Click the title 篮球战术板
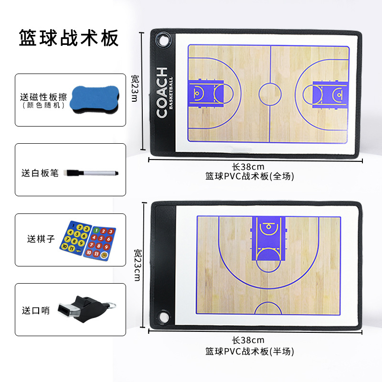[68, 38]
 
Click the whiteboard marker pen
[93, 172]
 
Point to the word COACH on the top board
[162, 93]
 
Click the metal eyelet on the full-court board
[165, 40]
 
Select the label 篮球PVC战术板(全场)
[250, 176]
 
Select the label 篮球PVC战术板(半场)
[250, 351]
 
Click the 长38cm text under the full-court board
[248, 167]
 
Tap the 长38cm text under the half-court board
[248, 340]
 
